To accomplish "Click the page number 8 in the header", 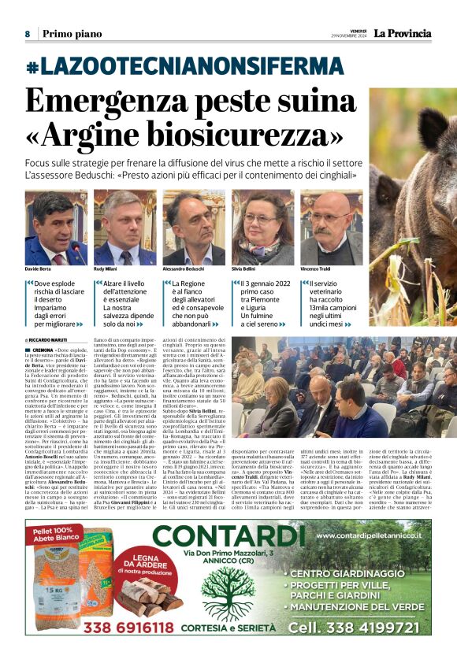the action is coord(27,34).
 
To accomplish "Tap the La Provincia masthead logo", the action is coord(403,33).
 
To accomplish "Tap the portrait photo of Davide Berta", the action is coord(56,228).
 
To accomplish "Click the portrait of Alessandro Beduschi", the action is coord(194,228).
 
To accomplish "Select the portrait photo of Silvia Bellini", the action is coord(263,228).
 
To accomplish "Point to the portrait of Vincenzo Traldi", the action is coord(331,228).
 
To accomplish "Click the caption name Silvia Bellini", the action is coord(245,269).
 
